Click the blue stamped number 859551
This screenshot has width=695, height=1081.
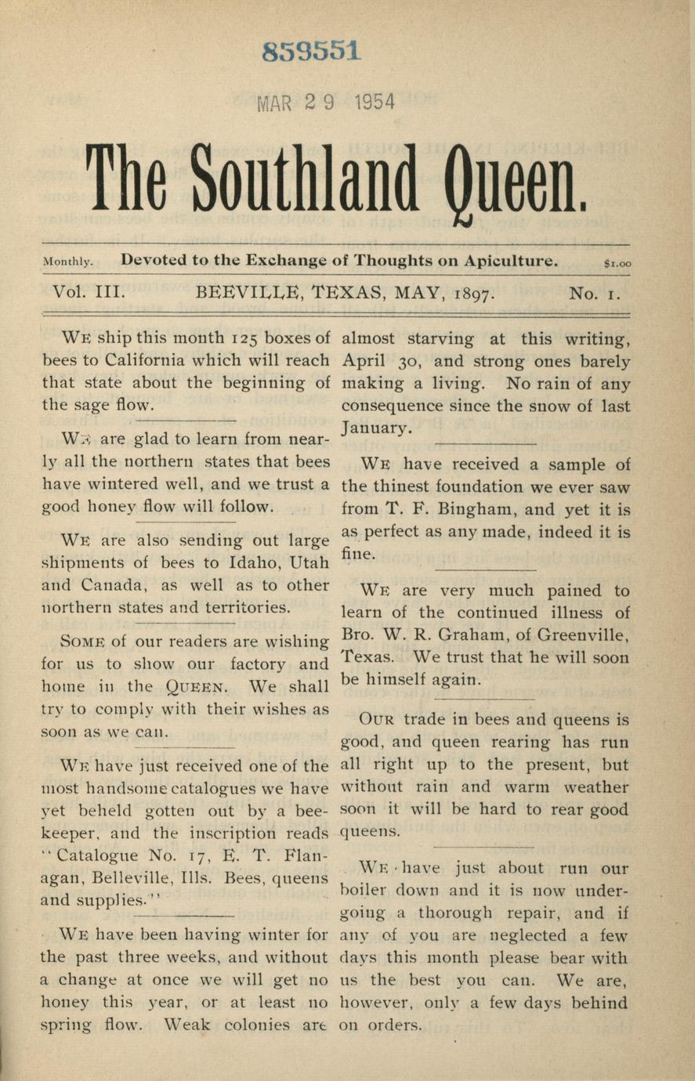312,52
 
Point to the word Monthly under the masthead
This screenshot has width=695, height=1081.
69,263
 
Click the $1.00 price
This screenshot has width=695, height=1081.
617,264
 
